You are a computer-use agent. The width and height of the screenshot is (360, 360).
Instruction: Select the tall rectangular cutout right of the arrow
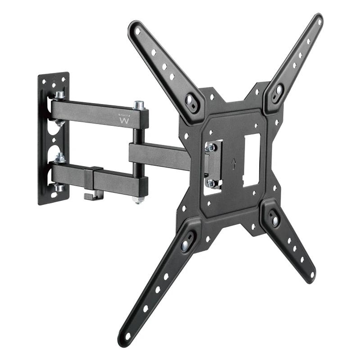[252, 160]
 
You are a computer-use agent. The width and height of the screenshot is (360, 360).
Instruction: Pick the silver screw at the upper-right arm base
[278, 90]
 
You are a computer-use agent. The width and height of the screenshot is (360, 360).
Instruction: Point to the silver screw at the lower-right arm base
[275, 220]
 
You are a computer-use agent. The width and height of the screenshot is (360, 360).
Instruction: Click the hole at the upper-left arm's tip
[138, 31]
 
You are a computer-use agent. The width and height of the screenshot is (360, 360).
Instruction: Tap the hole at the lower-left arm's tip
[128, 335]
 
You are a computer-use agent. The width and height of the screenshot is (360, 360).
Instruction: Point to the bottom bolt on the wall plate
[59, 187]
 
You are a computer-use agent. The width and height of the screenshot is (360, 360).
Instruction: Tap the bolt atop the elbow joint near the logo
[139, 105]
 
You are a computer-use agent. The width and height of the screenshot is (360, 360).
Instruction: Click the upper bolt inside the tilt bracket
[211, 147]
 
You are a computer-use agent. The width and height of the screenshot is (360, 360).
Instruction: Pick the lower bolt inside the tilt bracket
[211, 183]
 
